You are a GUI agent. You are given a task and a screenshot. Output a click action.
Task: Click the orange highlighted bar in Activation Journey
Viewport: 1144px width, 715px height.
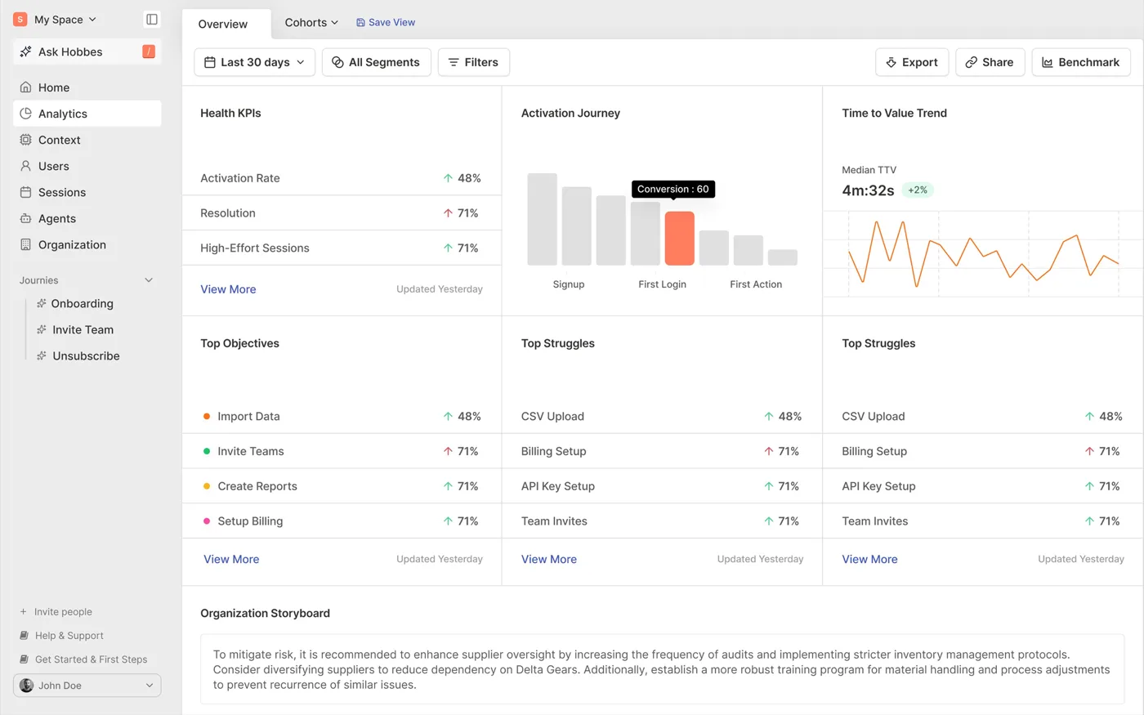(679, 238)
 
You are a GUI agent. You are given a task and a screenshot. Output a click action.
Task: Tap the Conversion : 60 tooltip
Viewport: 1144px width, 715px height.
(673, 189)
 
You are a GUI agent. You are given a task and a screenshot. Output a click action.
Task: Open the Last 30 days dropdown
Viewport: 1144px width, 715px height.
(254, 62)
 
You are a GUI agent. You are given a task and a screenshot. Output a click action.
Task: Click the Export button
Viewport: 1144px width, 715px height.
(912, 62)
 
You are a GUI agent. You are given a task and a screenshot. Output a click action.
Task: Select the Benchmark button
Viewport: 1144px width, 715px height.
(1080, 62)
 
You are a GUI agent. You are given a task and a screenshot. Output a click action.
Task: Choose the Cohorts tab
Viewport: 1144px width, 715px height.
(311, 23)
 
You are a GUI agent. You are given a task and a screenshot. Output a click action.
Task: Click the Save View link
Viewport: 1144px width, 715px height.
(386, 23)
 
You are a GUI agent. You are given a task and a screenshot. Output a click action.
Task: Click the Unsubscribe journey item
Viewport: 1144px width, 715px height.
(86, 356)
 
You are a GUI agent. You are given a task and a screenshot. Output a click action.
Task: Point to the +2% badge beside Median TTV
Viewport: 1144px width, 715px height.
(917, 190)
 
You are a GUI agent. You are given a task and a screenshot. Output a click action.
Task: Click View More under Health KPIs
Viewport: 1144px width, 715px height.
(228, 289)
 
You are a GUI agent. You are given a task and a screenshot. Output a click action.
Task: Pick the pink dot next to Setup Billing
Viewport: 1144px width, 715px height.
(206, 521)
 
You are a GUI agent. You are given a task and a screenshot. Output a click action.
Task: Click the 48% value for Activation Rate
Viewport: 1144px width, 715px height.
(469, 178)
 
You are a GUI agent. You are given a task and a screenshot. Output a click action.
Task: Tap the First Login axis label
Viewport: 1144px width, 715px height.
(662, 284)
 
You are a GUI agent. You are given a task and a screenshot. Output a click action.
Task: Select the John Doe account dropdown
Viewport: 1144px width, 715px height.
(87, 686)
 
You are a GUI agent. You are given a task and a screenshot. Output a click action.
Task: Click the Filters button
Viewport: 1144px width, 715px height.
(473, 62)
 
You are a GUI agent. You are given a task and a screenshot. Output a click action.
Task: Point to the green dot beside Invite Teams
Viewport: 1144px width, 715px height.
(206, 451)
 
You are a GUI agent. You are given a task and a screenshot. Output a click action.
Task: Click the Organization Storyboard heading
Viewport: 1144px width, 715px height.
(265, 613)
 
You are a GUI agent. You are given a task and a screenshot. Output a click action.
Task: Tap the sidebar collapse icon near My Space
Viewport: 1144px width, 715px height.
(152, 20)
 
